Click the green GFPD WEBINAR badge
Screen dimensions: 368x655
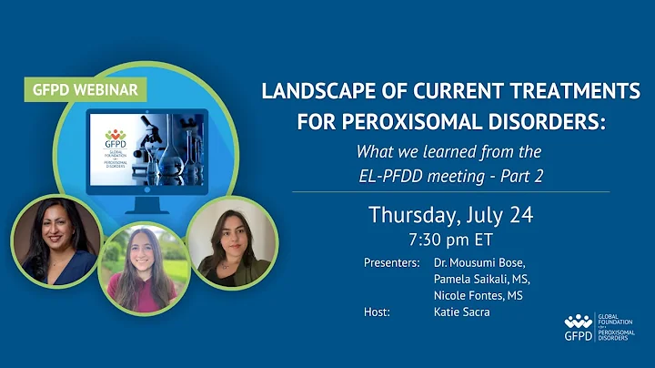85,90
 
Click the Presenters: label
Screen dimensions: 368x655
391,262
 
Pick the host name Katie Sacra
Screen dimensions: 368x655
463,312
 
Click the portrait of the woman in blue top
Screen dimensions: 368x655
55,240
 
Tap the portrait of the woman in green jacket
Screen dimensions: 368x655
231,245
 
